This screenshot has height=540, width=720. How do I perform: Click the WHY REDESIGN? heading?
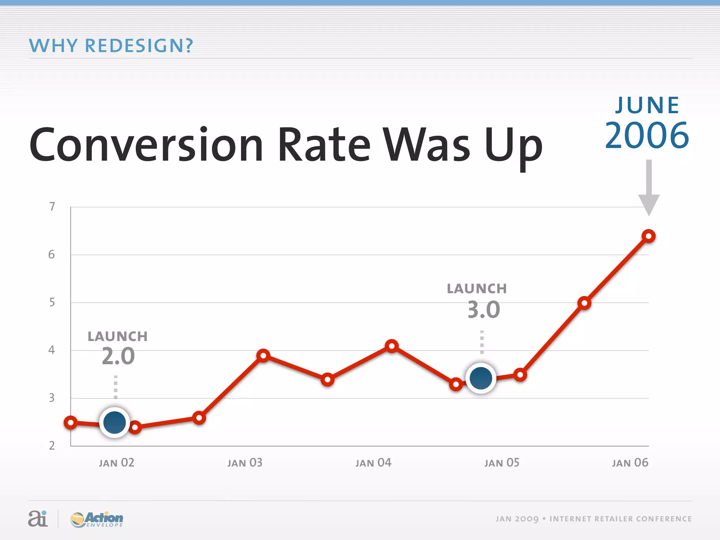(111, 46)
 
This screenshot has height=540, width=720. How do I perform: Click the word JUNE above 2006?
(647, 105)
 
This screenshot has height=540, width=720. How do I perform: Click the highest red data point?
(649, 236)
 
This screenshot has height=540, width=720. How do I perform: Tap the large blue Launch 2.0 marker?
(115, 422)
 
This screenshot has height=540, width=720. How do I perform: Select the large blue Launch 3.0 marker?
(481, 378)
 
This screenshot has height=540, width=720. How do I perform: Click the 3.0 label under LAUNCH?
(483, 310)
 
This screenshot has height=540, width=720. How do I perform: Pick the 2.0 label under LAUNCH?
(118, 356)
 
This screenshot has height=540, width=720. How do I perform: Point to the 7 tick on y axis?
(52, 207)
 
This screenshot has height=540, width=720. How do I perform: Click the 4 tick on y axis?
(52, 350)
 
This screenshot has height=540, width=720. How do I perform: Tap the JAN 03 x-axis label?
(245, 463)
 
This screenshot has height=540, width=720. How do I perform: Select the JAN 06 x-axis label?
(630, 463)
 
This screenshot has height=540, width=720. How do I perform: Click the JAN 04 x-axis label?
(373, 463)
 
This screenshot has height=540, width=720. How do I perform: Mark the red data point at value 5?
(584, 303)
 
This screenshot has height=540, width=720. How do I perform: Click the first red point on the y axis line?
(71, 422)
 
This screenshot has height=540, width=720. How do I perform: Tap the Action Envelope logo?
(97, 519)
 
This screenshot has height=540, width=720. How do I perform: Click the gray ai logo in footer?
(38, 519)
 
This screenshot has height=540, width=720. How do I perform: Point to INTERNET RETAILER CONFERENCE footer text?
(621, 519)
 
